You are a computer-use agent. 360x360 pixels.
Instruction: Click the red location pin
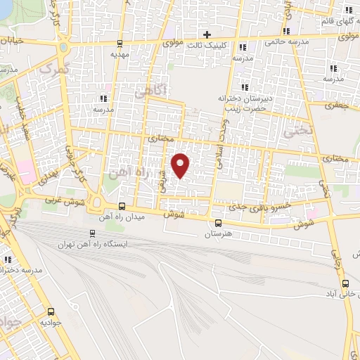181,165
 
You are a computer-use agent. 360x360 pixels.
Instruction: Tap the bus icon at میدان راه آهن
122,206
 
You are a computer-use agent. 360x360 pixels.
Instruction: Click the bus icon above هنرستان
217,224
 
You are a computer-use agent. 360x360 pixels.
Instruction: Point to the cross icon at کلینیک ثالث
207,34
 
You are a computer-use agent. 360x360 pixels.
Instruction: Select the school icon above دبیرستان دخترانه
245,87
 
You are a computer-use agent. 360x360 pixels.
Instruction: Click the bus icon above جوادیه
51,311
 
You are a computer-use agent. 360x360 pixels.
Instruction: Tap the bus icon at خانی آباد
345,283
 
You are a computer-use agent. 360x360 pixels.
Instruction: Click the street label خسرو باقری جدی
263,206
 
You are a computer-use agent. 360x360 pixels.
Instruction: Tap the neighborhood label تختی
296,130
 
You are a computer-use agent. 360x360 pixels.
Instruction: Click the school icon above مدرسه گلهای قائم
348,9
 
